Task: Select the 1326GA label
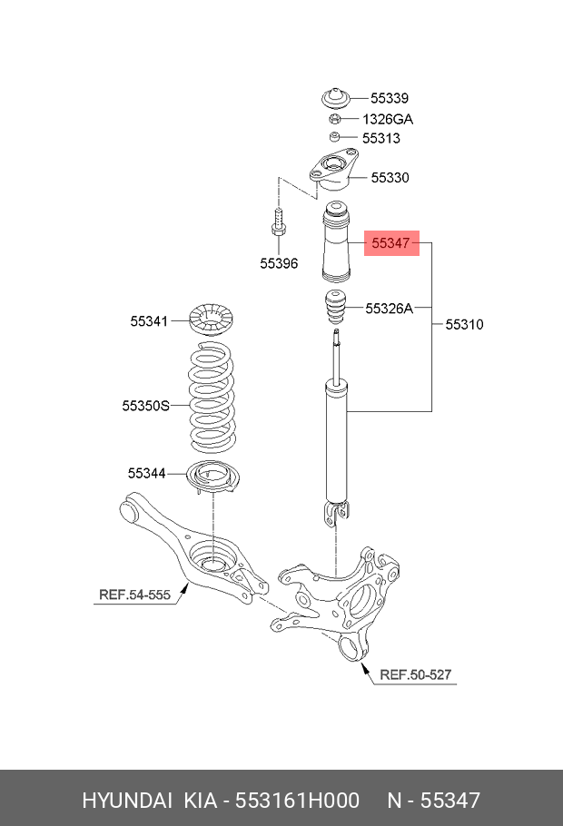point(389,119)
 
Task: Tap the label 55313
point(380,139)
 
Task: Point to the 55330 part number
point(390,178)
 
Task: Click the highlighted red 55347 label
point(392,243)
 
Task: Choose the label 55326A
point(389,309)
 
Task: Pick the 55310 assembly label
point(464,324)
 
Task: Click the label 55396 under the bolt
point(278,263)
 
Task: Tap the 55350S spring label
point(146,406)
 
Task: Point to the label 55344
point(147,473)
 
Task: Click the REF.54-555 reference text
point(134,595)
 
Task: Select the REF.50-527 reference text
point(415,674)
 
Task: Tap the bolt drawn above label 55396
point(278,223)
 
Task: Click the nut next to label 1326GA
point(334,119)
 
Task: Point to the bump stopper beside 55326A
point(335,310)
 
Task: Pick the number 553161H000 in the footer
point(297,800)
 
